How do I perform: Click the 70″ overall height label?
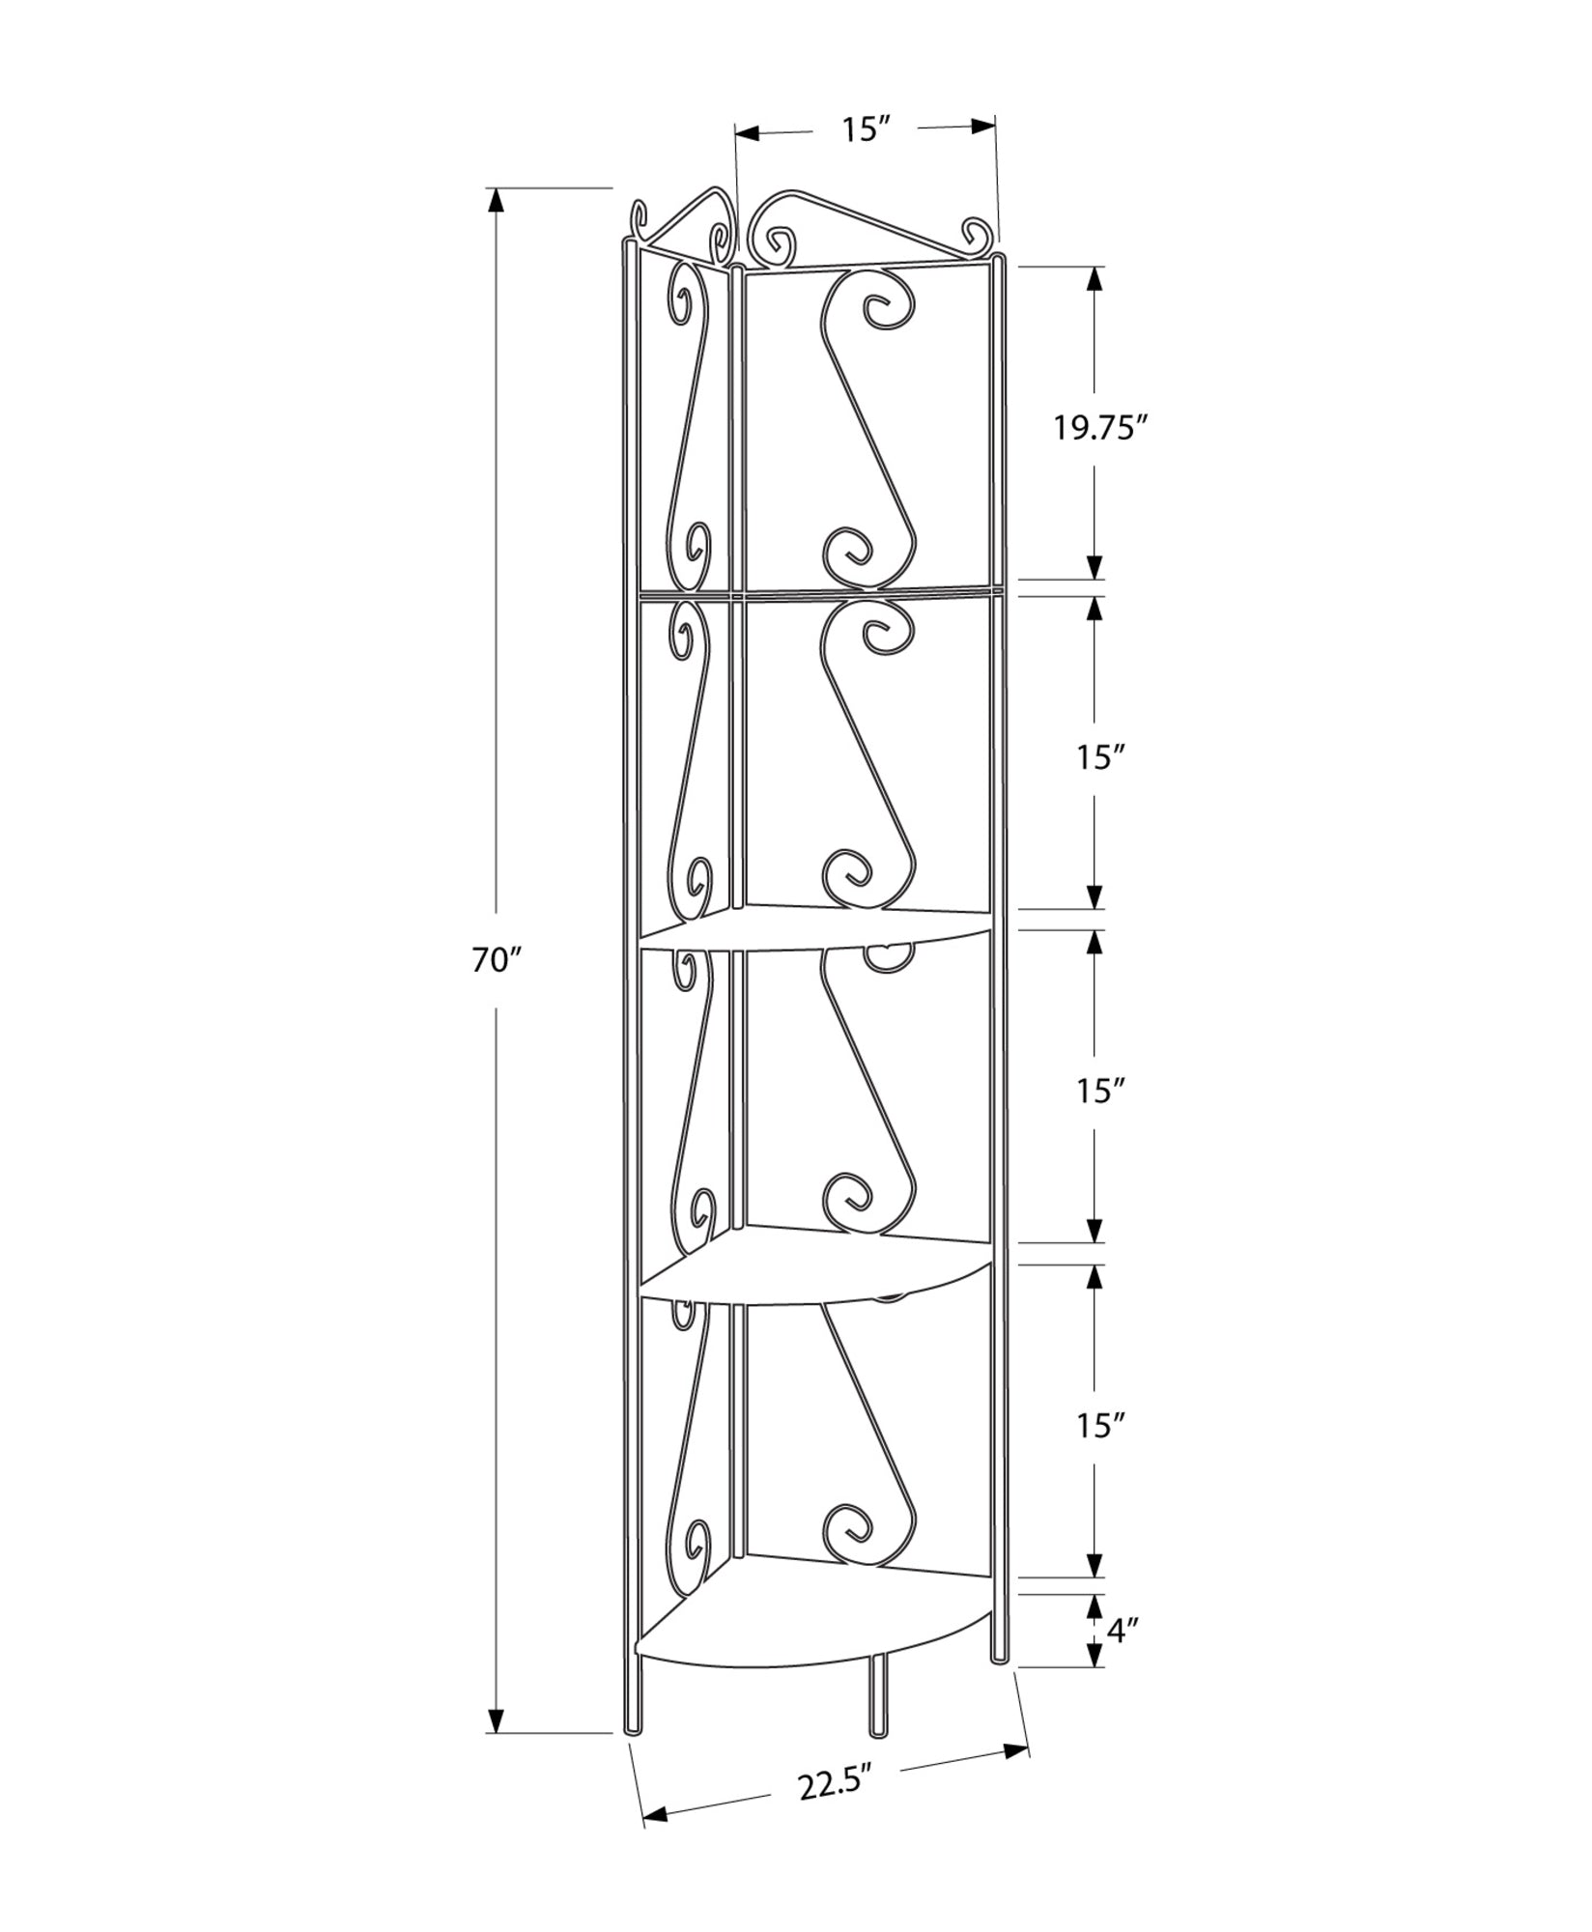pyautogui.click(x=497, y=960)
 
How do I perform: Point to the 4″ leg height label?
pyautogui.click(x=1123, y=1632)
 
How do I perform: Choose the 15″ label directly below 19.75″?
pyautogui.click(x=1102, y=758)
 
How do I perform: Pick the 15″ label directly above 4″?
pyautogui.click(x=1102, y=1425)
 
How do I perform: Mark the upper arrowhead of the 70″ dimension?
pyautogui.click(x=496, y=201)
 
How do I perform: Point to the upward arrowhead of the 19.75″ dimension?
pyautogui.click(x=1094, y=278)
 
